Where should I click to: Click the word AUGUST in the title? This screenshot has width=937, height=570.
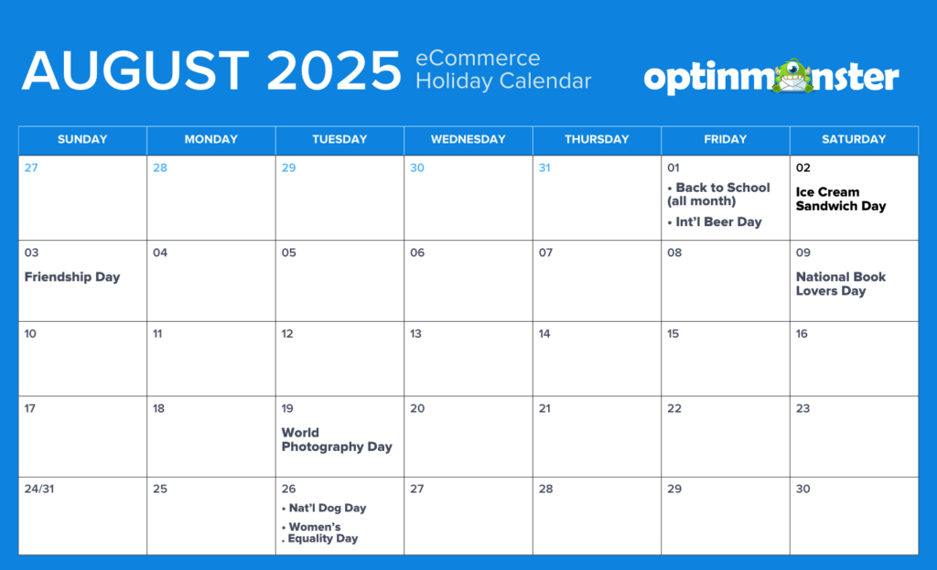pos(135,70)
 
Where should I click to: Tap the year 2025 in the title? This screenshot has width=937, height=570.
pos(333,70)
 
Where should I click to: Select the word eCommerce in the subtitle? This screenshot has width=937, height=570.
pos(478,58)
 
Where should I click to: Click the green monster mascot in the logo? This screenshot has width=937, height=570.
pos(792,76)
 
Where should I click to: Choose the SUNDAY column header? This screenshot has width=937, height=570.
pos(82,139)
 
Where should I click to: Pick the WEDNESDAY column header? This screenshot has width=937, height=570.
pos(468,139)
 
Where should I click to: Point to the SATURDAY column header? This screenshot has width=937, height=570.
pos(854,139)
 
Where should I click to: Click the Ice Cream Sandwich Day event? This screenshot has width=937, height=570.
pos(840,199)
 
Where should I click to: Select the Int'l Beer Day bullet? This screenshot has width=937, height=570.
pos(714,221)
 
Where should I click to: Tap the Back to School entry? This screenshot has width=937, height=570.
pos(718,194)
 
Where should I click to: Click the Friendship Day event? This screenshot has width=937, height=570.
pos(72,276)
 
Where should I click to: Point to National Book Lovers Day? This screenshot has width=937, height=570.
pos(840,284)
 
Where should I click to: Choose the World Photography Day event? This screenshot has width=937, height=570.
pos(337,440)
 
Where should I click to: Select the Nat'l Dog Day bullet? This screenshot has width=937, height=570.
pos(323,508)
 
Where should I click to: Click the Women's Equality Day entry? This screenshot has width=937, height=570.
pos(319,532)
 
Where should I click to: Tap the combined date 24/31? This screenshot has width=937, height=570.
pos(38,489)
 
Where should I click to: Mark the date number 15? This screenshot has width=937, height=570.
pos(673,333)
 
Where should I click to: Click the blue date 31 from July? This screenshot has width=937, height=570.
pos(544,168)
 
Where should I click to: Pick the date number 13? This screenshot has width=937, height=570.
pos(415,333)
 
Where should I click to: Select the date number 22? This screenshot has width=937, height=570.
pos(674,408)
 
